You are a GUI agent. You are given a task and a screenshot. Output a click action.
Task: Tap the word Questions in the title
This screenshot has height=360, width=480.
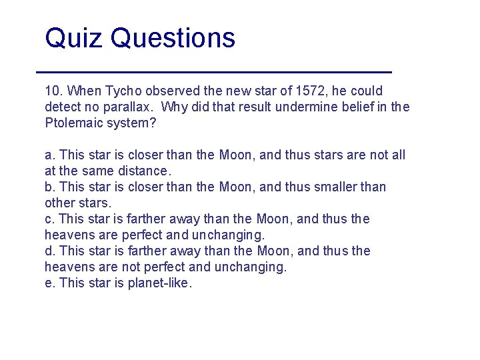tap(173, 39)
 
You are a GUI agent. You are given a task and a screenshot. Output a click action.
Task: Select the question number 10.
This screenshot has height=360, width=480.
tap(53, 91)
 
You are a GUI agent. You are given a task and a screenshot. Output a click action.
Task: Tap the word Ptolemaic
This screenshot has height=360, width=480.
tap(75, 123)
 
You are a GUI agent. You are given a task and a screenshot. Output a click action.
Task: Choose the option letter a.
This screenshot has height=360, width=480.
tap(49, 155)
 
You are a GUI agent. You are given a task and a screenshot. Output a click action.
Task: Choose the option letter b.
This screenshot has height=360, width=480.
tap(49, 187)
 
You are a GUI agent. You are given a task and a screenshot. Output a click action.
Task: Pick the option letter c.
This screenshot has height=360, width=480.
tap(49, 219)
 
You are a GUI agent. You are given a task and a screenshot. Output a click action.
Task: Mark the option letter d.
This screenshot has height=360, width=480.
tap(49, 251)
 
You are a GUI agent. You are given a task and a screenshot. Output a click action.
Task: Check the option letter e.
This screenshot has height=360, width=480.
tap(49, 283)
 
